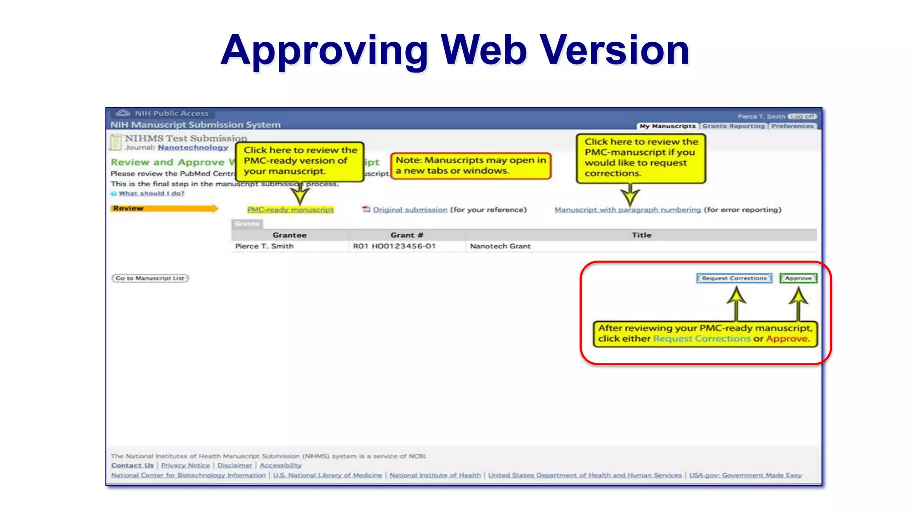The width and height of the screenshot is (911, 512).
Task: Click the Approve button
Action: pyautogui.click(x=798, y=278)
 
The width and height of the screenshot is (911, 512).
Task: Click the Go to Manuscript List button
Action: pyautogui.click(x=150, y=278)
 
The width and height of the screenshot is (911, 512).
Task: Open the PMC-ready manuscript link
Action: pyautogui.click(x=290, y=210)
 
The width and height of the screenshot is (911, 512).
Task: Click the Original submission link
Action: pyautogui.click(x=410, y=210)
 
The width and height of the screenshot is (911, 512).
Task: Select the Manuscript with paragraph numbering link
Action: pyautogui.click(x=627, y=210)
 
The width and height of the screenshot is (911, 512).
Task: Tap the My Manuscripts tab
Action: pyautogui.click(x=667, y=126)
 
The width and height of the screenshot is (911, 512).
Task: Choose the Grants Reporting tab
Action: pyautogui.click(x=734, y=126)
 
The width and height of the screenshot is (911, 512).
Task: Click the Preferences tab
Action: pyautogui.click(x=792, y=126)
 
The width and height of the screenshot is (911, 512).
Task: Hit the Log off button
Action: pyautogui.click(x=802, y=117)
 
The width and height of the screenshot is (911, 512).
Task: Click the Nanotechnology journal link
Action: pyautogui.click(x=193, y=147)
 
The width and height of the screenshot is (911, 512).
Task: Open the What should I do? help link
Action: pyautogui.click(x=151, y=194)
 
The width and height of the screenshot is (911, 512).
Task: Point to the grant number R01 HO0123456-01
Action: pyautogui.click(x=394, y=246)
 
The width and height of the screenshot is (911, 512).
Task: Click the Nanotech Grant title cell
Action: pyautogui.click(x=500, y=246)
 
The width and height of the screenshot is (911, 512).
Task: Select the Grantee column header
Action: pyautogui.click(x=290, y=235)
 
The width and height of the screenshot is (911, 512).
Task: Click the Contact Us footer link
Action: pyautogui.click(x=132, y=465)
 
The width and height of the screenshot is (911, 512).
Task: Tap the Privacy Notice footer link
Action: pyautogui.click(x=185, y=465)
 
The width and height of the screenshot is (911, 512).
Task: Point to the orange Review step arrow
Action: pyautogui.click(x=164, y=208)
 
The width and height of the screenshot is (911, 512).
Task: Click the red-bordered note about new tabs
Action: pyautogui.click(x=471, y=165)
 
